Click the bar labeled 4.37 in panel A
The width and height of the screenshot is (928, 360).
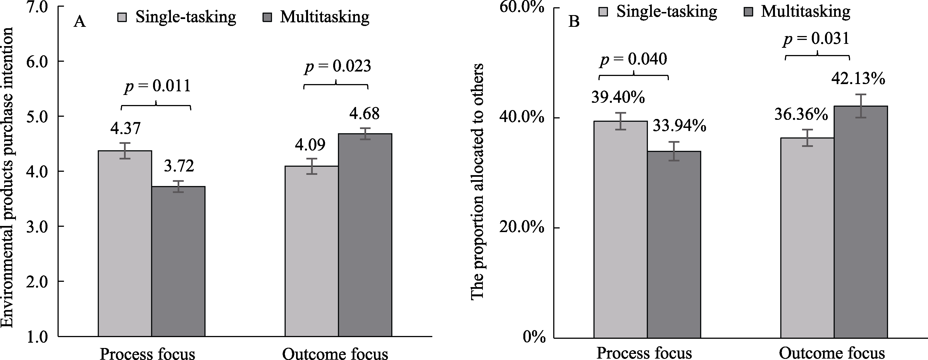(x=125, y=243)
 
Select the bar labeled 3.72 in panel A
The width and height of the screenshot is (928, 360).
(x=178, y=261)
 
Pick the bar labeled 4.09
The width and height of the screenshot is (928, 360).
(x=312, y=251)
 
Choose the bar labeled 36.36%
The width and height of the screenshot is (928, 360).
(x=807, y=238)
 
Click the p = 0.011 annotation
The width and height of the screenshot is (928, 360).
(x=157, y=87)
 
